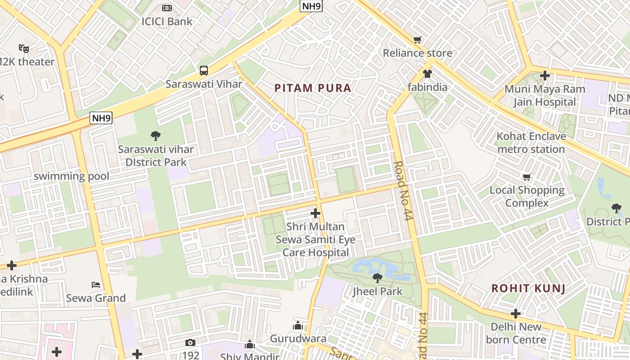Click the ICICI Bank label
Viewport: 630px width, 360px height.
[167, 21]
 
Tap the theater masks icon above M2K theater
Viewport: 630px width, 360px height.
[24, 48]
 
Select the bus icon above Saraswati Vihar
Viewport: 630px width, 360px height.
[204, 70]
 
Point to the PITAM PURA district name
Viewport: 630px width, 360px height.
[313, 88]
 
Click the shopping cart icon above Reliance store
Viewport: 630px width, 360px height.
[418, 40]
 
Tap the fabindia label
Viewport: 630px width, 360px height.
[427, 87]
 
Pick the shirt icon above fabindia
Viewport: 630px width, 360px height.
[427, 73]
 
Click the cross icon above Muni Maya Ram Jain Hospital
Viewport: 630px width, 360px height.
[545, 75]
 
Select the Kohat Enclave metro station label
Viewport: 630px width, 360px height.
[531, 143]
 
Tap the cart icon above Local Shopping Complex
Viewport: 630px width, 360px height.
[526, 177]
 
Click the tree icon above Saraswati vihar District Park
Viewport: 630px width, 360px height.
[156, 135]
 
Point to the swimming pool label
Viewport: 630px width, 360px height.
[72, 176]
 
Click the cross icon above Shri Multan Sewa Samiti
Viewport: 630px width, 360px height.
[315, 213]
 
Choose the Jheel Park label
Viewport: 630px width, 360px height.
[378, 291]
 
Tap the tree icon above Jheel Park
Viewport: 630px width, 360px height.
[378, 278]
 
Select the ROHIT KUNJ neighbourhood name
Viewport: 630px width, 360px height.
[528, 288]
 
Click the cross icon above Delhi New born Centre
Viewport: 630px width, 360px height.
[516, 313]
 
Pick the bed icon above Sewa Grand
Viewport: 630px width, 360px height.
[96, 284]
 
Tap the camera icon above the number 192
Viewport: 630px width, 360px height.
[190, 343]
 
